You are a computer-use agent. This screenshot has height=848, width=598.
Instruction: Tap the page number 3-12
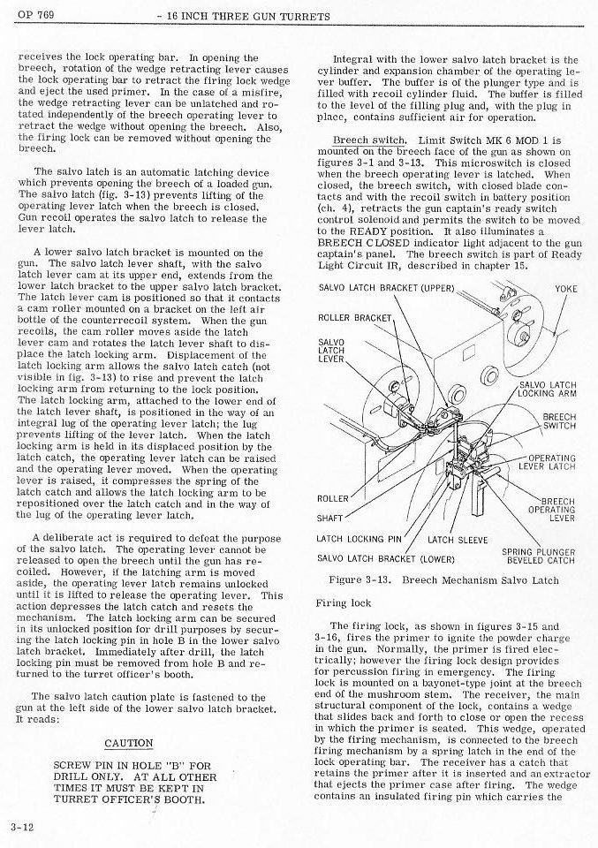coord(21,827)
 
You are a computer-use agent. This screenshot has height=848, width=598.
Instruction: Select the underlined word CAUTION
coord(129,743)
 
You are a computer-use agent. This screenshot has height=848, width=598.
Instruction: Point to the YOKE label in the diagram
coord(565,289)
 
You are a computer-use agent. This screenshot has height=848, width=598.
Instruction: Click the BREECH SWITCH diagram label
coord(558,421)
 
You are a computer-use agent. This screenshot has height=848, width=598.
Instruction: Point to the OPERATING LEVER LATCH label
coord(551,462)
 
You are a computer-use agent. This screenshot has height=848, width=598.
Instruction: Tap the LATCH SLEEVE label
coord(457,539)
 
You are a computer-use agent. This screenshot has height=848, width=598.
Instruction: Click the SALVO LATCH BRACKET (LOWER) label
coord(385,558)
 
